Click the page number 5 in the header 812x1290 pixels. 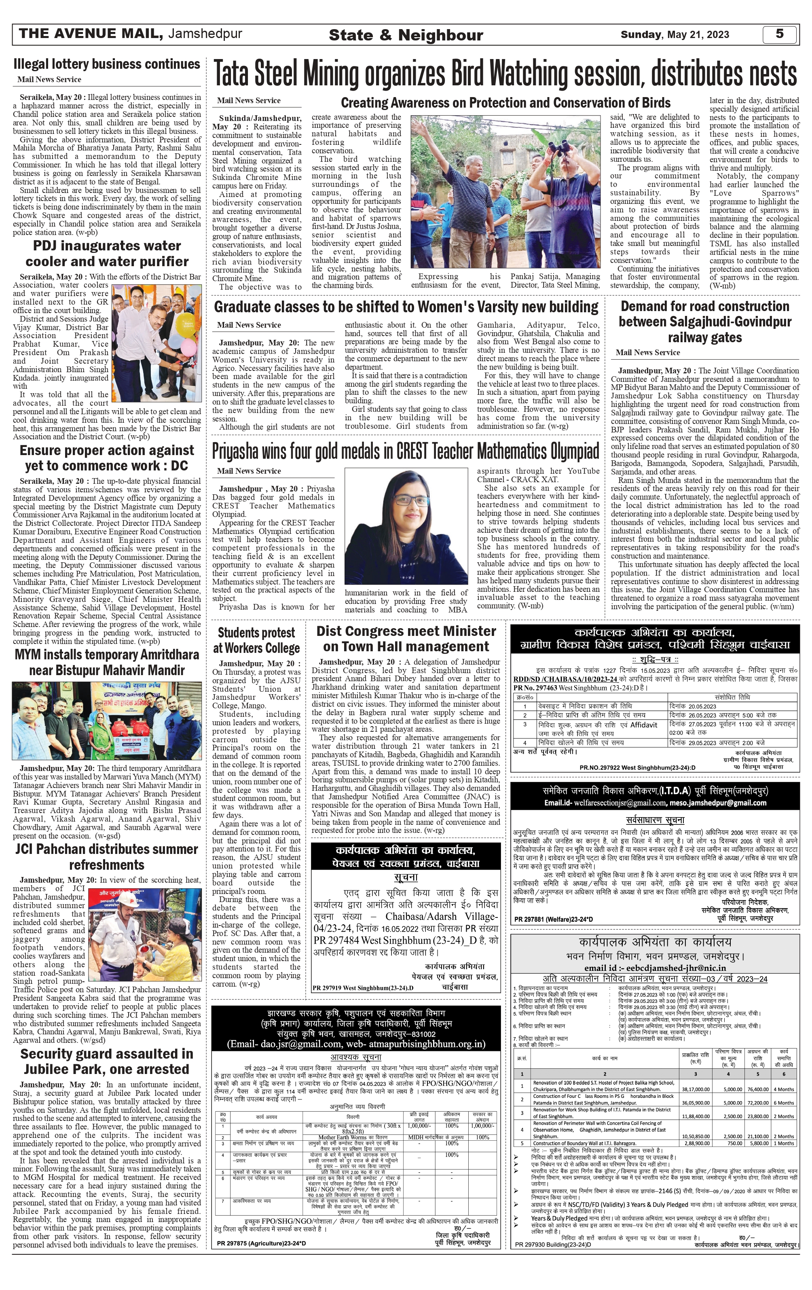pos(779,34)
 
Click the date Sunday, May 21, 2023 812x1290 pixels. pos(675,35)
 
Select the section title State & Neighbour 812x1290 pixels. pos(406,35)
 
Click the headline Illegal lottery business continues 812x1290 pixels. pos(107,64)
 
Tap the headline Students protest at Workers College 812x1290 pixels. pos(256,640)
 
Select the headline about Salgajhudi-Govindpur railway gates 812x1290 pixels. pos(705,322)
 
